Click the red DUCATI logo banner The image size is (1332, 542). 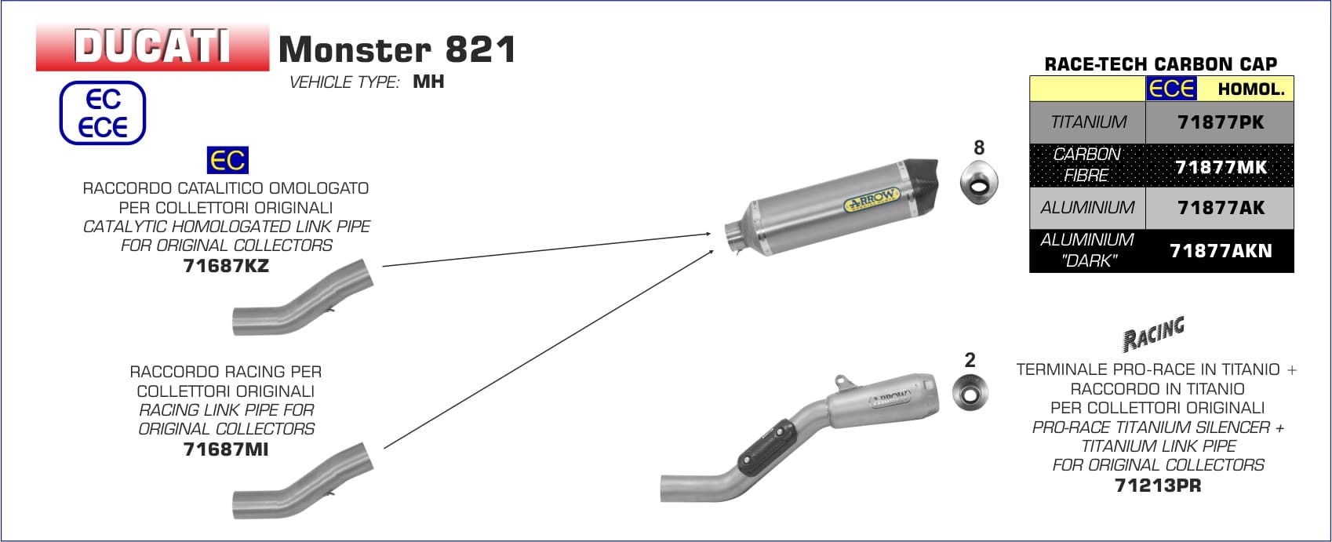pos(152,47)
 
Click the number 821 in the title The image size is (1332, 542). pos(480,49)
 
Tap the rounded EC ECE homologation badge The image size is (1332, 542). pos(102,113)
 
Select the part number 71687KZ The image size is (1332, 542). pos(226,266)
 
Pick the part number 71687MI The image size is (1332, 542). pos(226,449)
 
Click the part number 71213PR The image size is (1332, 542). pos(1158,486)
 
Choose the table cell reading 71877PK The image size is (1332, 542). pos(1220,122)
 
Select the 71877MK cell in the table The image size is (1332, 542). pos(1220,166)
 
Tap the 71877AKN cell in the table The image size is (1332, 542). pos(1220,251)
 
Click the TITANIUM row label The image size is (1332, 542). pos(1088,122)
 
